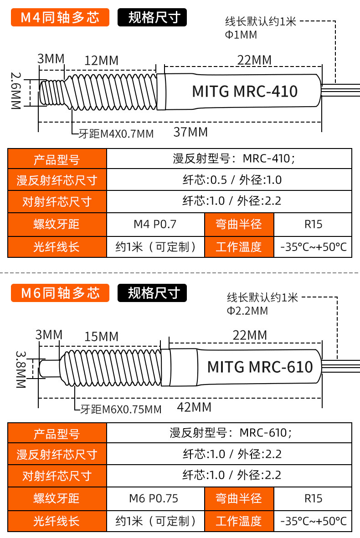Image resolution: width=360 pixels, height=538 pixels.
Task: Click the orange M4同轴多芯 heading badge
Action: click(60, 17)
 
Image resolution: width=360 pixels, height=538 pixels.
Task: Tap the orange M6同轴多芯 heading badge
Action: click(60, 293)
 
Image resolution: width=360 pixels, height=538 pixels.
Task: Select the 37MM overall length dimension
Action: click(190, 132)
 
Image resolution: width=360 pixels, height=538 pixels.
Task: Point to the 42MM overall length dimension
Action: click(194, 407)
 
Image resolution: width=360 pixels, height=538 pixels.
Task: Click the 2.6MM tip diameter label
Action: click(16, 91)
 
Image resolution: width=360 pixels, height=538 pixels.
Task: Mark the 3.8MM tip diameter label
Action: click(21, 369)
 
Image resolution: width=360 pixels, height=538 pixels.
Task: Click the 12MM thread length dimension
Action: click(102, 61)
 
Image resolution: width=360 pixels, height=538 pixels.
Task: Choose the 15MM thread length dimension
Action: click(102, 337)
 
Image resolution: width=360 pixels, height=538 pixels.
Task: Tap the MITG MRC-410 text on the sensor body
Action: click(245, 91)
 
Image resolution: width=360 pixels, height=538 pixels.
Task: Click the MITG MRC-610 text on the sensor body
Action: click(260, 367)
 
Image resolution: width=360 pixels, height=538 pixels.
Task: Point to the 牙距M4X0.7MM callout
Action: click(116, 134)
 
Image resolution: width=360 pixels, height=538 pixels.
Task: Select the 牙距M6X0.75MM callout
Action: click(121, 410)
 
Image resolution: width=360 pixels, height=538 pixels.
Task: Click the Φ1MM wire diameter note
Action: click(241, 35)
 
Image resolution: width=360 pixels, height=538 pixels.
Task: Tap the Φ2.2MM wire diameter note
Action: click(247, 311)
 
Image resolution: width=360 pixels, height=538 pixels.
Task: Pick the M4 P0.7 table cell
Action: click(155, 225)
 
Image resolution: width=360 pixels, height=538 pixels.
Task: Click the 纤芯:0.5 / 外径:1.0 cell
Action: click(232, 180)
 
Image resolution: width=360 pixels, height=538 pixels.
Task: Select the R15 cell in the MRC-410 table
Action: click(314, 225)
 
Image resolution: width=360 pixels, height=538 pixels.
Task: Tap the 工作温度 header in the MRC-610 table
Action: click(239, 521)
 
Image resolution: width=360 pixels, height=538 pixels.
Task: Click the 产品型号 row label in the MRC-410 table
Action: click(57, 159)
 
